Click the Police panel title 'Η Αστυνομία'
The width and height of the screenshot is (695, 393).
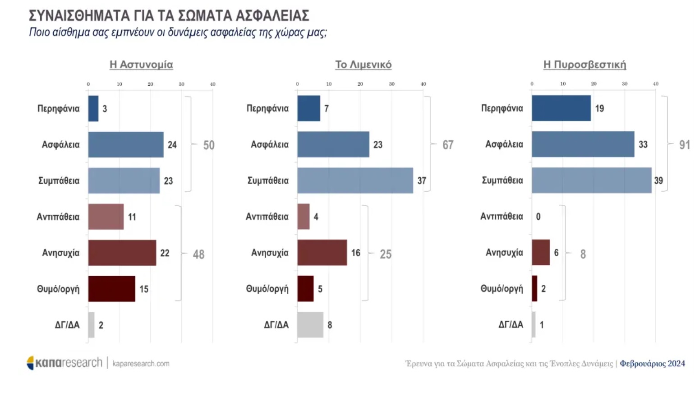(x=141, y=65)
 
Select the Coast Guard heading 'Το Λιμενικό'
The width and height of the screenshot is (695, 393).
(x=363, y=65)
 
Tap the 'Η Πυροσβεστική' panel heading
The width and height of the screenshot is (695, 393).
(x=585, y=65)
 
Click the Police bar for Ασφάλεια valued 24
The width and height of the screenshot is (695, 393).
(x=126, y=145)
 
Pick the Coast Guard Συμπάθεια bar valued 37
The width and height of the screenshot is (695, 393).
(x=355, y=180)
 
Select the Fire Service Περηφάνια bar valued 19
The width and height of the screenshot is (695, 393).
(x=561, y=108)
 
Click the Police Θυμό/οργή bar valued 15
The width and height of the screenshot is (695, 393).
(x=111, y=289)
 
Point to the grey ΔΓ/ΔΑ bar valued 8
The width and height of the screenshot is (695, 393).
(x=310, y=325)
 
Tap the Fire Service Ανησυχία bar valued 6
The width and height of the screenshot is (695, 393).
(x=541, y=253)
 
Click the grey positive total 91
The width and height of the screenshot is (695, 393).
(x=684, y=145)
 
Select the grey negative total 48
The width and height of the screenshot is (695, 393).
(x=198, y=254)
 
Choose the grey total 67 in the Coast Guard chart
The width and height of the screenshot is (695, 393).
(x=447, y=145)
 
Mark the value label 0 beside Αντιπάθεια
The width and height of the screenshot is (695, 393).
(x=538, y=217)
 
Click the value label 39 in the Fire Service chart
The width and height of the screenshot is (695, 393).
(x=658, y=180)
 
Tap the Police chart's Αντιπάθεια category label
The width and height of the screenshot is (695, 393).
(x=58, y=217)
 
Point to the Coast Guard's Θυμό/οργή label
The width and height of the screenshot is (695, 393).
(x=267, y=289)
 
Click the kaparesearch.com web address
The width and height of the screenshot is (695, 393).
(x=141, y=364)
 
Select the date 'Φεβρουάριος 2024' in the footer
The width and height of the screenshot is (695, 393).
(x=652, y=364)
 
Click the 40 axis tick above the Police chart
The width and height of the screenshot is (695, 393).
(x=212, y=84)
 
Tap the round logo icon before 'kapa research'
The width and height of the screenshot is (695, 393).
(x=31, y=363)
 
